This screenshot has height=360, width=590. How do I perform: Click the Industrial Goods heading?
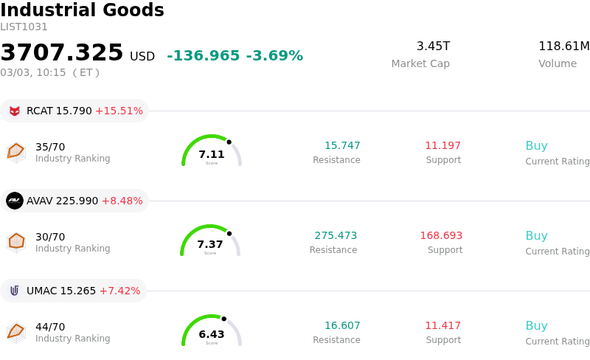[x=82, y=11]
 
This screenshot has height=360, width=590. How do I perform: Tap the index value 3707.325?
[x=62, y=53]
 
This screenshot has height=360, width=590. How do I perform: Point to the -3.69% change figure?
[x=274, y=56]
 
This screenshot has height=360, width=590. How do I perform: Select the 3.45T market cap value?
[x=433, y=46]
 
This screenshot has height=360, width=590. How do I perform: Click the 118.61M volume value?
[x=563, y=46]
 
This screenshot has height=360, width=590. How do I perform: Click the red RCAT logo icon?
[x=15, y=111]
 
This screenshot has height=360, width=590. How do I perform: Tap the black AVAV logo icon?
[x=15, y=201]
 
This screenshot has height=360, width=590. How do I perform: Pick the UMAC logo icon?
[x=15, y=291]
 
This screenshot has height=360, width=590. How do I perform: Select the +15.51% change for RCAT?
[x=119, y=111]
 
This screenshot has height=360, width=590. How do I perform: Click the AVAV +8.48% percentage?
[x=122, y=201]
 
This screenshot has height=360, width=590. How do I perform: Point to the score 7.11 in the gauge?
[x=212, y=154]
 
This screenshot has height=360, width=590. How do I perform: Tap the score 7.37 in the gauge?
[x=210, y=244]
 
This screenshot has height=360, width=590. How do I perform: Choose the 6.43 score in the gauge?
[x=212, y=334]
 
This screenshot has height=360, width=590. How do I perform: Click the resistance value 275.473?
[x=336, y=236]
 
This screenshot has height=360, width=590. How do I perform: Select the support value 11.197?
[x=442, y=146]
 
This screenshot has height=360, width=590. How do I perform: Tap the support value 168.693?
[x=441, y=236]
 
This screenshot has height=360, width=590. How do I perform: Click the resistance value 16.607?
[x=342, y=326]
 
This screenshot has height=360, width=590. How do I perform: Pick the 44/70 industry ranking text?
[x=50, y=327]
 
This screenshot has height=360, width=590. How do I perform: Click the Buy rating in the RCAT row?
[x=536, y=146]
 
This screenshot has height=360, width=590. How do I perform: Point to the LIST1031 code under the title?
[x=24, y=27]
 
